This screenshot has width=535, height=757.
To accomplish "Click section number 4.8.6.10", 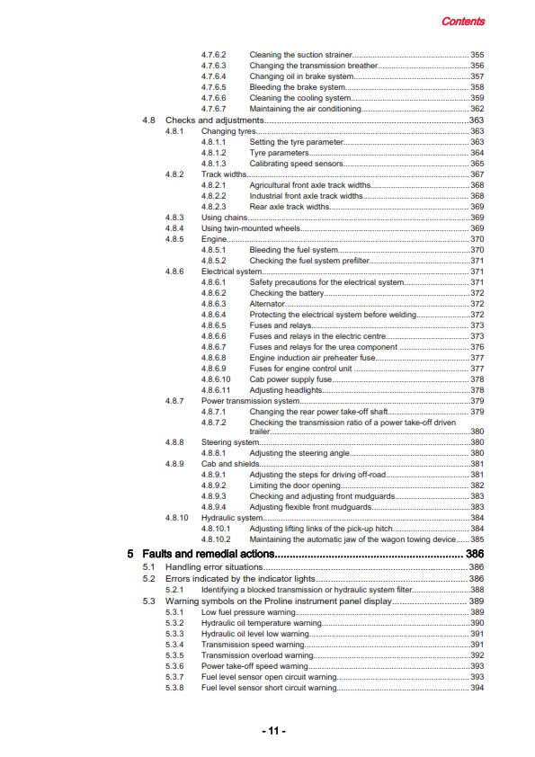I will click(217, 379).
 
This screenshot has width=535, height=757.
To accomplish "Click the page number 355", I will click(477, 55).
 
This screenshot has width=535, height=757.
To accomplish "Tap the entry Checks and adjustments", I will click(214, 120).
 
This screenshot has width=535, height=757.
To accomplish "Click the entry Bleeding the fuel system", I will click(293, 249).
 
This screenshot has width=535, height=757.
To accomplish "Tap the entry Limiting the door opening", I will click(294, 485).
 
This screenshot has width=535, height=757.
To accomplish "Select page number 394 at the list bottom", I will click(477, 688).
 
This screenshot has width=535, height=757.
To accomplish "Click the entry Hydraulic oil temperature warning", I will click(260, 623).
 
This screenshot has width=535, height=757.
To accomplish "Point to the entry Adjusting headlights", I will click(285, 390).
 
